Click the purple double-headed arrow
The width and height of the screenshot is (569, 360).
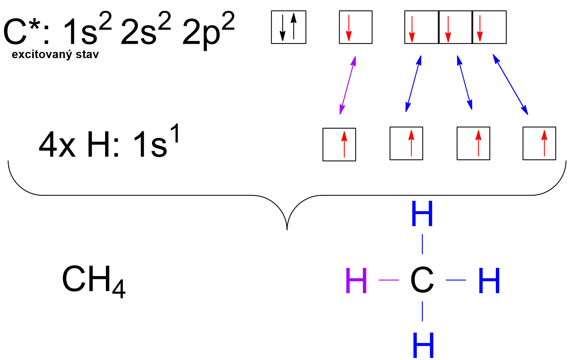tap(348, 85)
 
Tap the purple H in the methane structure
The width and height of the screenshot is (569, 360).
tap(356, 281)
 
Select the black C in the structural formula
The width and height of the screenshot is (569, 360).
tap(422, 280)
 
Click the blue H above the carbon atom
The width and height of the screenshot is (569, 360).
tap(422, 214)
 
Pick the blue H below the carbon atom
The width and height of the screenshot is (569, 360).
tap(423, 345)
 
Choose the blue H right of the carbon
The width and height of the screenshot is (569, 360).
tap(489, 281)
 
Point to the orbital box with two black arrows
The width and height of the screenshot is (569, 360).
tap(288, 27)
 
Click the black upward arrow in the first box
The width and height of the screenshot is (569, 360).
tap(294, 26)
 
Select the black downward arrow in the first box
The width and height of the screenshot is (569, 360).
tap(283, 28)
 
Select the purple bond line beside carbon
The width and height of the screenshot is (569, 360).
tap(388, 280)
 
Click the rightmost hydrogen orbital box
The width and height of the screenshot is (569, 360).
tap(539, 144)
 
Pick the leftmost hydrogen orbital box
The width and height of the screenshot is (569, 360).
tap(339, 144)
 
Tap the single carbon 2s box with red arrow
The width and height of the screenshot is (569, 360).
tap(355, 27)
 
